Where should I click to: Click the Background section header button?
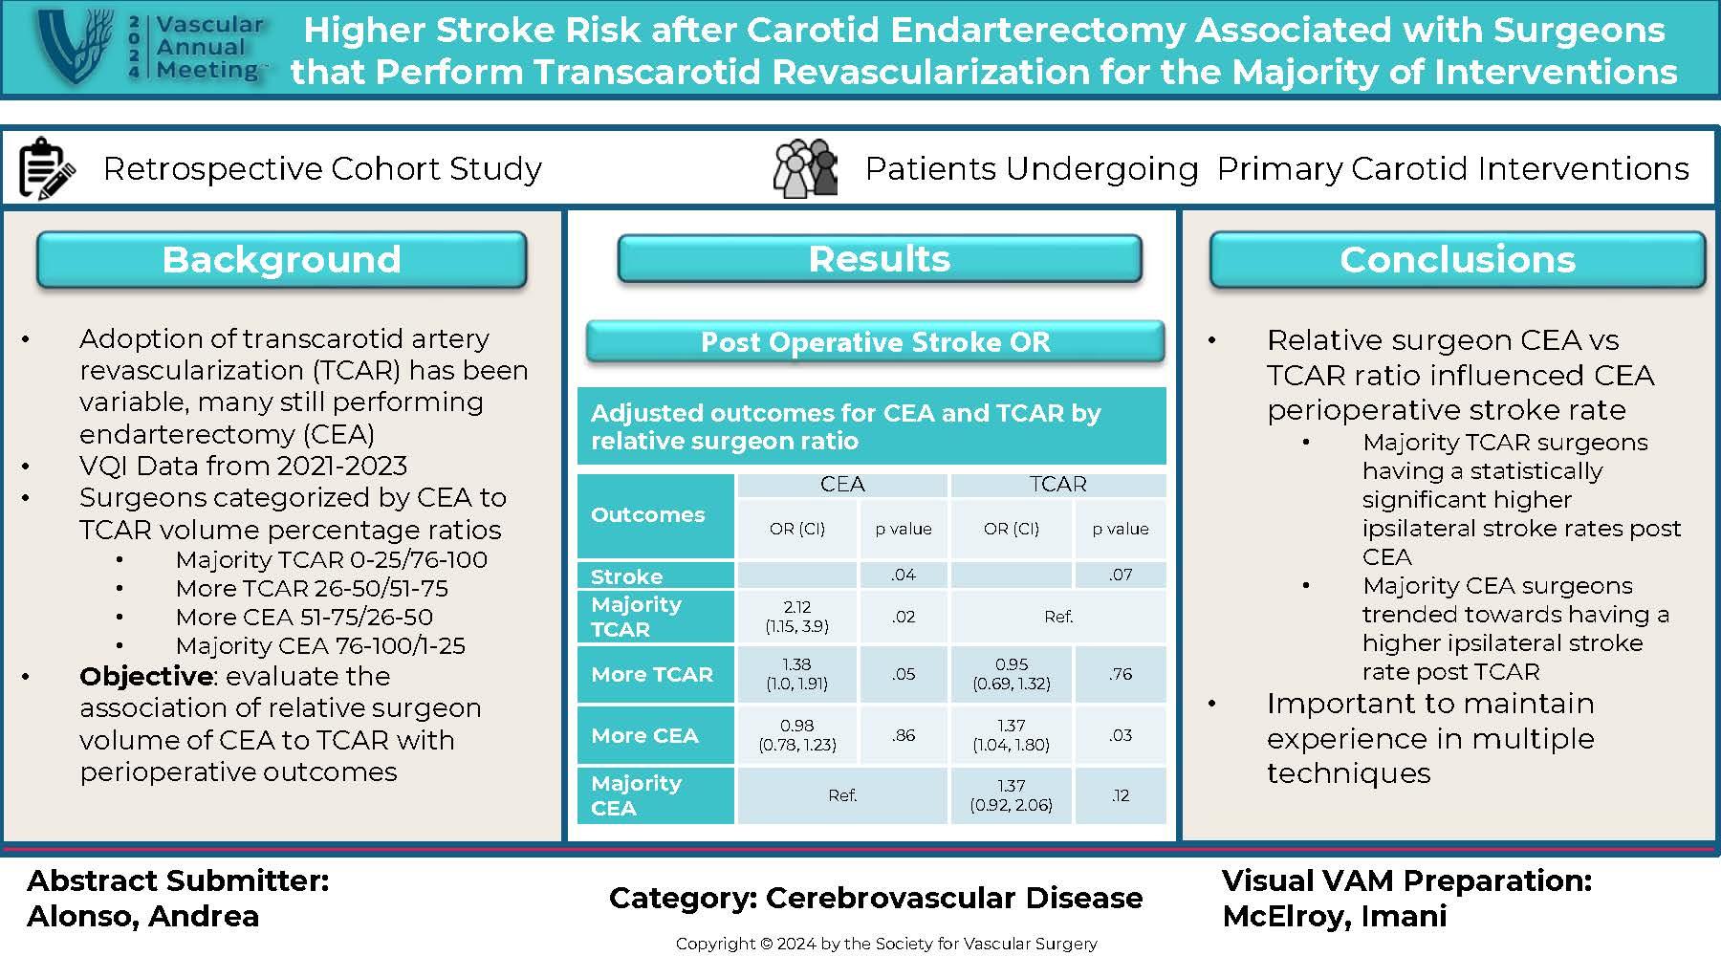[281, 260]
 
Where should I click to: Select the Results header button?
[880, 259]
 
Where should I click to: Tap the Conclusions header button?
[1457, 260]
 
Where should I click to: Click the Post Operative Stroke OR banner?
[875, 342]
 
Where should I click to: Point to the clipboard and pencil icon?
[46, 169]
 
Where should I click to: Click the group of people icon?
[805, 169]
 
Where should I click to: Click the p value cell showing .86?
[904, 735]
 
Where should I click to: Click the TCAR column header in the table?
[1057, 485]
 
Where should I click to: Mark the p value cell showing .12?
[1121, 795]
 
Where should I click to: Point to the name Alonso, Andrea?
[143, 916]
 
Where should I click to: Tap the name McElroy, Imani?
[1334, 916]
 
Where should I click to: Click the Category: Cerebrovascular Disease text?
[876, 898]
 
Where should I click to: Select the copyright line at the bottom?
[886, 944]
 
